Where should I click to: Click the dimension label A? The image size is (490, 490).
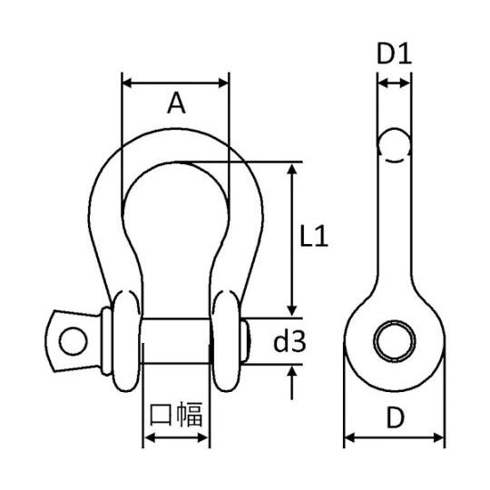[x=176, y=103]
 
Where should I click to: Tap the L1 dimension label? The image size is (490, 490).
[x=313, y=236]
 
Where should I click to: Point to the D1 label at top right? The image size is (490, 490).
[x=394, y=54]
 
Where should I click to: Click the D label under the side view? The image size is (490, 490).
[x=395, y=417]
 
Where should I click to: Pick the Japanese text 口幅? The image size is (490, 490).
[x=176, y=415]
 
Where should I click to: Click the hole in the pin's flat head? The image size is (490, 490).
[x=73, y=341]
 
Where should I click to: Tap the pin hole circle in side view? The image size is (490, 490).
[x=395, y=341]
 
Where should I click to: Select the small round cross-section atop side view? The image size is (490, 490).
[x=394, y=145]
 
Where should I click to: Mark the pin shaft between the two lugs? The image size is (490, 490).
[x=176, y=341]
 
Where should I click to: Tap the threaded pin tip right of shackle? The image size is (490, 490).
[x=246, y=340]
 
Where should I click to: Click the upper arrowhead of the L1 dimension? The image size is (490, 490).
[x=291, y=170]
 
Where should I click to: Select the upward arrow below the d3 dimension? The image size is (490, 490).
[x=291, y=382]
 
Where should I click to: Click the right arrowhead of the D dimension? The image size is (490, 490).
[x=438, y=437]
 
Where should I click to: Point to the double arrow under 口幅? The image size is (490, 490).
[x=176, y=437]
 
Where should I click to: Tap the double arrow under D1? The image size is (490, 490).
[x=394, y=83]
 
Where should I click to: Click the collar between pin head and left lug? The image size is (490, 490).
[x=106, y=341]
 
